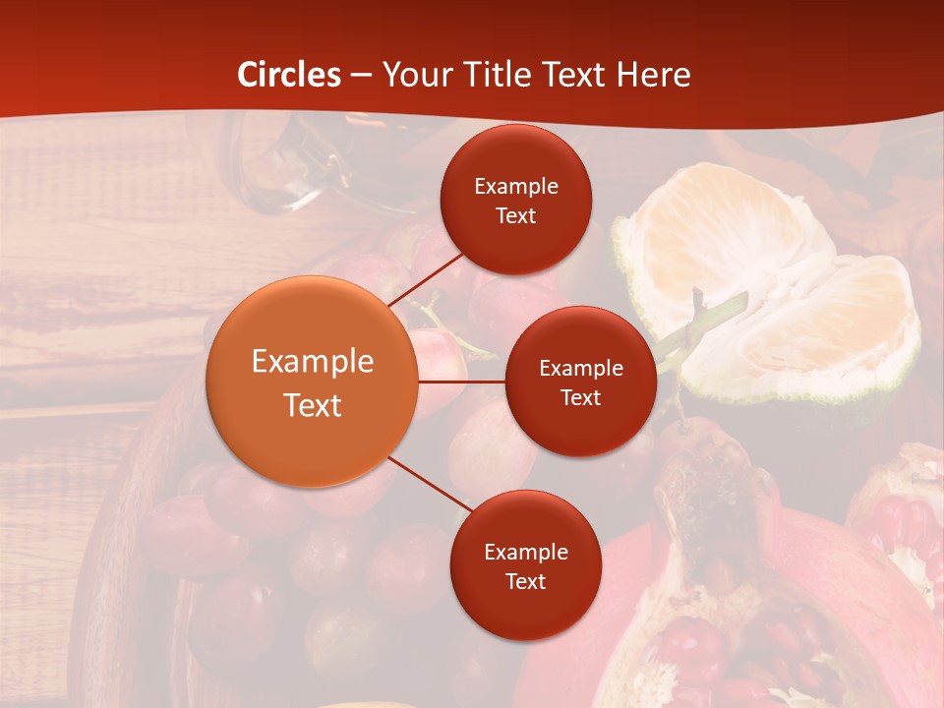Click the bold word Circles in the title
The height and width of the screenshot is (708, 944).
pos(289,75)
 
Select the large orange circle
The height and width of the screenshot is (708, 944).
pos(313,382)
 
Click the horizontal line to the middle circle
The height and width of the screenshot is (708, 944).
pos(461,382)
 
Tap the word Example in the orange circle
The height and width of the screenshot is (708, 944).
pos(313,362)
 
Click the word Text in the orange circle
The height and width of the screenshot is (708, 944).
pos(313,405)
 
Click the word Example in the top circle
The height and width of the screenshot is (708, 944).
pos(516,187)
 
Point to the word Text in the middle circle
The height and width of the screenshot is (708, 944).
pos(580,397)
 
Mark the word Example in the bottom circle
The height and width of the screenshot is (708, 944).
pos(526,553)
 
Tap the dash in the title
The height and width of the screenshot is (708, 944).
pos(361,75)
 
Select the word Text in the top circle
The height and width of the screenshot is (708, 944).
pos(515,215)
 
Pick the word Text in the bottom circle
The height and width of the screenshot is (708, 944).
pos(525,581)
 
